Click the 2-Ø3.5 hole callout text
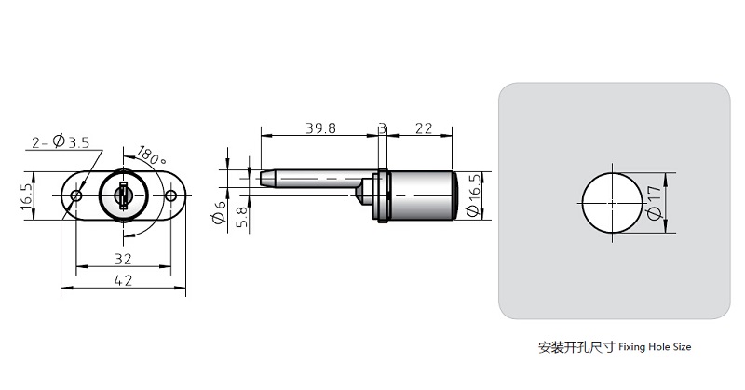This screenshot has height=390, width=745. [x=61, y=142]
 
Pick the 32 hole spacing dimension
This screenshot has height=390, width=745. [x=121, y=258]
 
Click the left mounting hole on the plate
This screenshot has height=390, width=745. [x=76, y=195]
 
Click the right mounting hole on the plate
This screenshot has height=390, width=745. [x=170, y=195]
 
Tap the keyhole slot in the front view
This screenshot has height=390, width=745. [x=122, y=196]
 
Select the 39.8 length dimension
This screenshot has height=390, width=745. [x=318, y=128]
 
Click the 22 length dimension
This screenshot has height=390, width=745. [x=421, y=128]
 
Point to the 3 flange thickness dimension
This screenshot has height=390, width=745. [x=381, y=128]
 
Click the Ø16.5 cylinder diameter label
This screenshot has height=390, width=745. [x=474, y=195]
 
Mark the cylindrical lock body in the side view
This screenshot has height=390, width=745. [x=419, y=195]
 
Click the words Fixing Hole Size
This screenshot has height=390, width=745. [x=657, y=347]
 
